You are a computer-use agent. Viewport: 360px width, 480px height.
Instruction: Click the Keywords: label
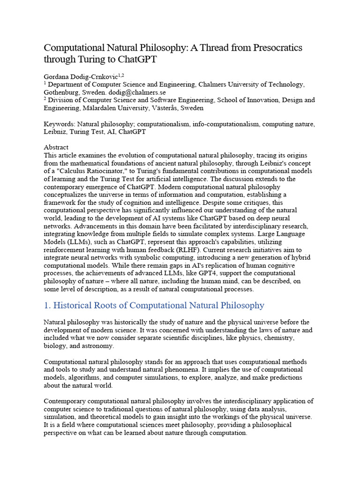click(59, 124)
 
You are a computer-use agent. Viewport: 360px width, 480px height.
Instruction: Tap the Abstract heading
click(56, 147)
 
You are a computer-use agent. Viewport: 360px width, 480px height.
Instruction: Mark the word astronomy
click(97, 346)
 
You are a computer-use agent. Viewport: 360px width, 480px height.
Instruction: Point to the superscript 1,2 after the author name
click(121, 75)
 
